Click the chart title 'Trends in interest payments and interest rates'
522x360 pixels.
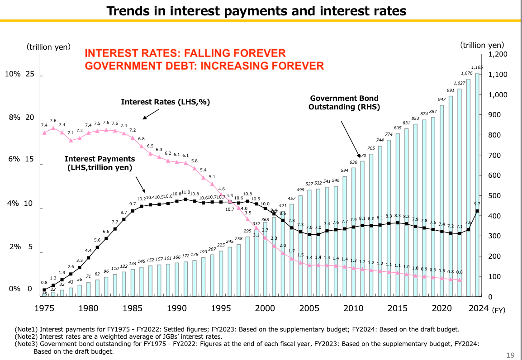(256, 10)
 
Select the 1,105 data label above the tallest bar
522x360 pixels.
(477, 67)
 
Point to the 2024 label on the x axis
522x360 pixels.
(478, 308)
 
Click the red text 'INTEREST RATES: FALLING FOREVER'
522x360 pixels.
(185, 53)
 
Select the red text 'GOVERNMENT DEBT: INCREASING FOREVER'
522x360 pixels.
(204, 66)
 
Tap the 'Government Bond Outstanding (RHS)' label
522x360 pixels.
(344, 103)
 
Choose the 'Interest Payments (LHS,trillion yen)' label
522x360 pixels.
(100, 163)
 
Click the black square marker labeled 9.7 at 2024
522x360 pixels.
(477, 211)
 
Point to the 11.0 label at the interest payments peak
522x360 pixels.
(185, 193)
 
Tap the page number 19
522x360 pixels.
(510, 355)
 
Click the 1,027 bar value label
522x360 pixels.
(460, 83)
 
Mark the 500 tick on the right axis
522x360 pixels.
(495, 196)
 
